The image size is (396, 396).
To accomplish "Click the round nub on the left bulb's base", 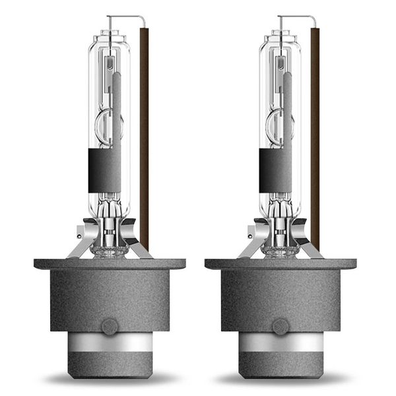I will pyautogui.click(x=110, y=325).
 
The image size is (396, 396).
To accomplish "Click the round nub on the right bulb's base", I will pyautogui.click(x=280, y=325).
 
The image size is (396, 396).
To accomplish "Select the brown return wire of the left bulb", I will pyautogui.click(x=144, y=132).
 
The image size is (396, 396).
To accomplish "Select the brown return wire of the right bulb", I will pyautogui.click(x=315, y=132).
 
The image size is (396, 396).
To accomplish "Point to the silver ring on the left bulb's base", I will pyautogui.click(x=110, y=343).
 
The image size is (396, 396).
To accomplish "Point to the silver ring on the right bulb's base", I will pyautogui.click(x=280, y=343).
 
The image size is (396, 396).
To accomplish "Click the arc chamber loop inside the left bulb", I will pyautogui.click(x=106, y=125).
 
